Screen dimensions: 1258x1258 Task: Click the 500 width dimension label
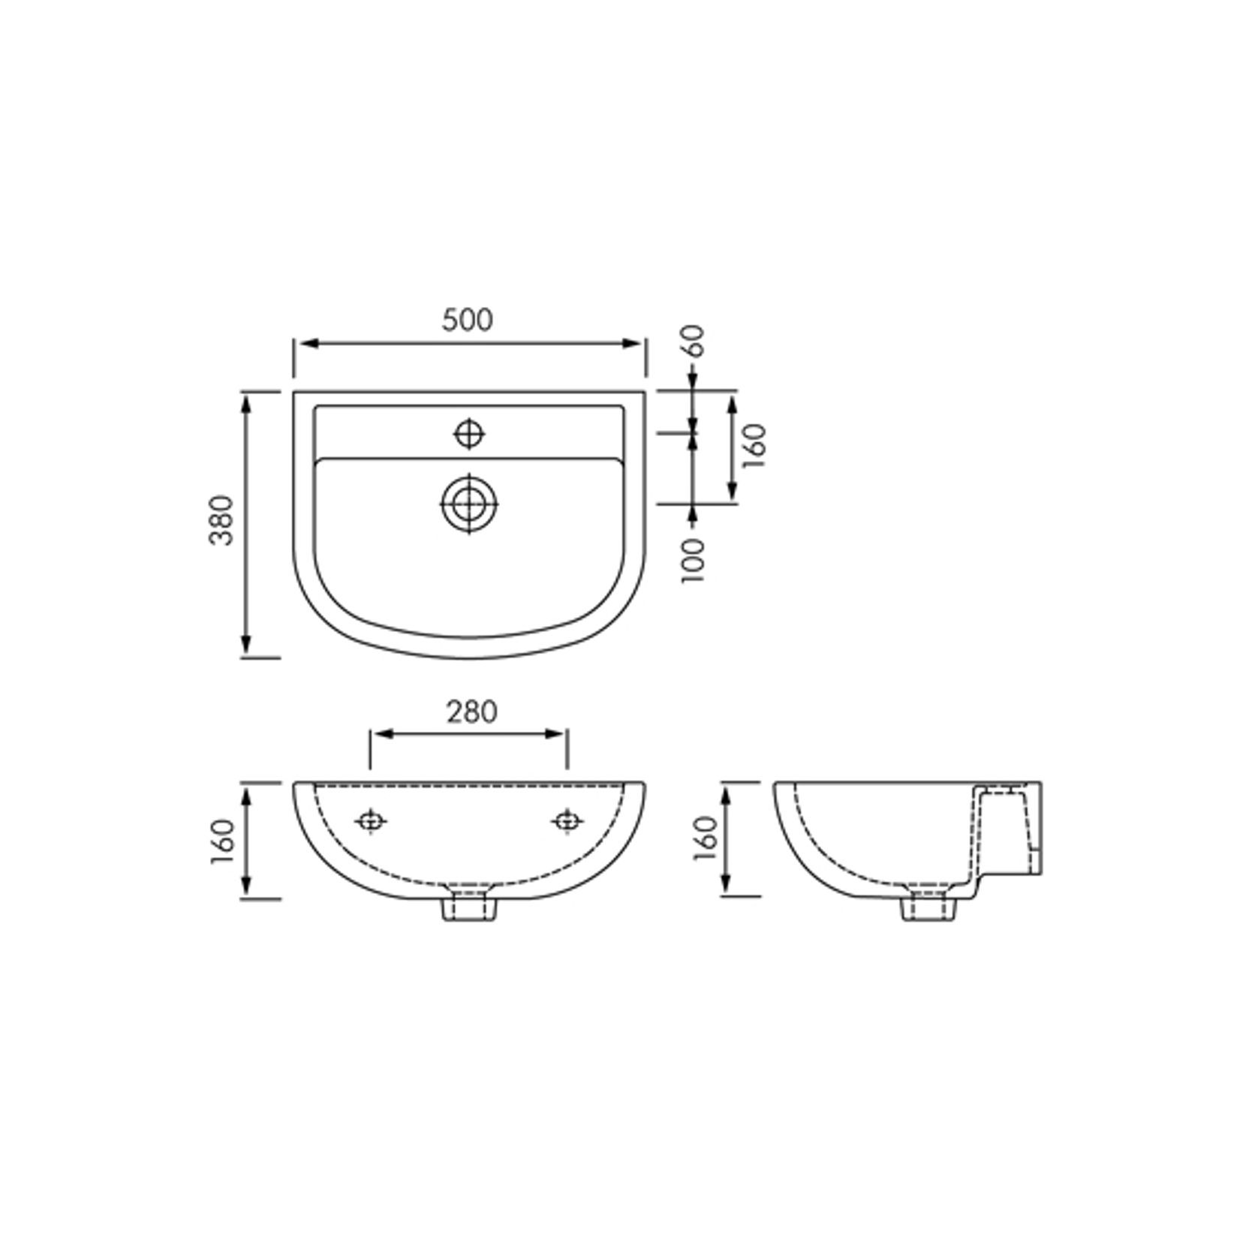pyautogui.click(x=468, y=320)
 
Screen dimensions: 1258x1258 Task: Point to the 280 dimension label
pyautogui.click(x=472, y=712)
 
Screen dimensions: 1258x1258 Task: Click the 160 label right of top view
pyautogui.click(x=754, y=446)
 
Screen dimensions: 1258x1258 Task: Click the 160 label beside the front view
pyautogui.click(x=223, y=841)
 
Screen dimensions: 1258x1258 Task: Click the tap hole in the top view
pyautogui.click(x=470, y=433)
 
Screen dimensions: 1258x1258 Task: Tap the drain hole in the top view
pyautogui.click(x=470, y=503)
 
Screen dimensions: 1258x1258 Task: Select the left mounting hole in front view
pyautogui.click(x=369, y=820)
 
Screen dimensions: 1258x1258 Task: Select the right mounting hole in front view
pyautogui.click(x=567, y=820)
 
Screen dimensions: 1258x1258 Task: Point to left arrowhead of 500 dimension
pyautogui.click(x=304, y=343)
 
